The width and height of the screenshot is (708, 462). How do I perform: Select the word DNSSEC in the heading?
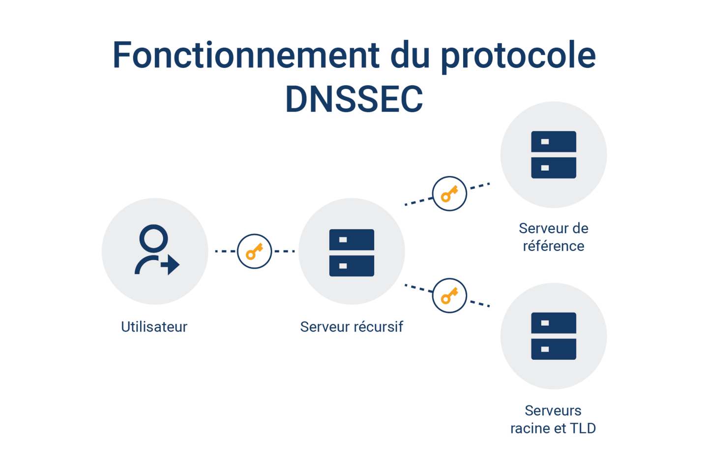[354, 99]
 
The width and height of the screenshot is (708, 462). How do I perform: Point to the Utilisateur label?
[154, 327]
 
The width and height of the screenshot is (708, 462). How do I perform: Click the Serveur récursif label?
[352, 327]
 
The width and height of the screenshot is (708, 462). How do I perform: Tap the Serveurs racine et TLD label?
[553, 419]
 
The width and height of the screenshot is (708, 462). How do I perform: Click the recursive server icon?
[352, 252]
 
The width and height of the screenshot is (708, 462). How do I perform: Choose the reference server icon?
[554, 154]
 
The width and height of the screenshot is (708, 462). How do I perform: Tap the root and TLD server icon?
[554, 336]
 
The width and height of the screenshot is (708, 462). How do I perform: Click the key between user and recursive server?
[254, 251]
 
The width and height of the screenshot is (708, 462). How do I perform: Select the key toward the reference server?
[449, 194]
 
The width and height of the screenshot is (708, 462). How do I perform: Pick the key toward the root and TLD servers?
[449, 296]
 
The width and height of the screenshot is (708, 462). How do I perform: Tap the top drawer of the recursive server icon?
[352, 240]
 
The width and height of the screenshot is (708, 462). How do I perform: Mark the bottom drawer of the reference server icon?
[554, 168]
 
